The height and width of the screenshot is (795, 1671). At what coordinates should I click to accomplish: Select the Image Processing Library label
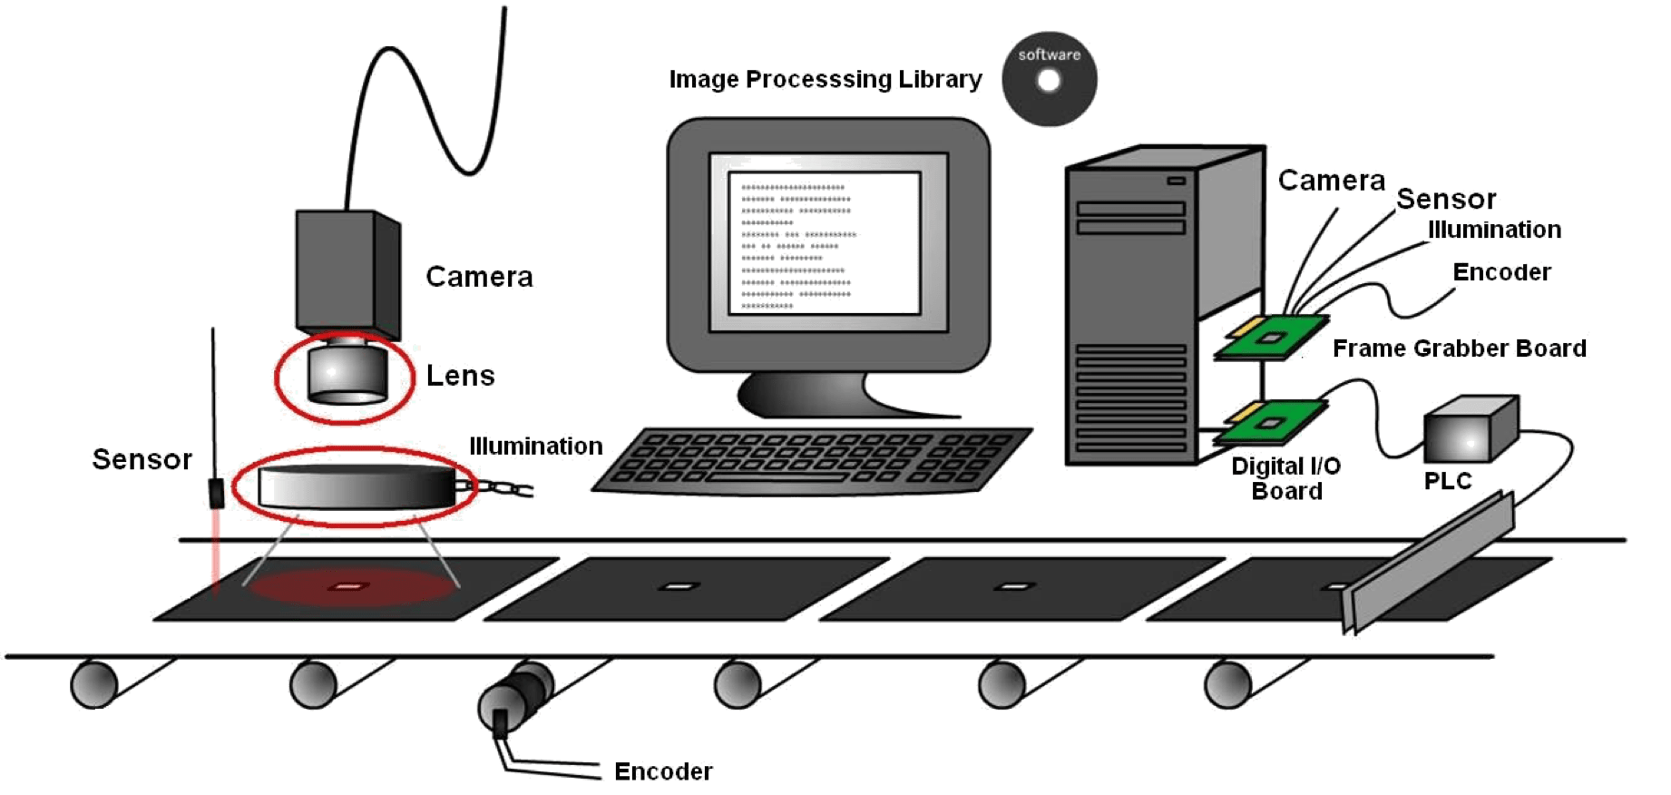[x=826, y=80]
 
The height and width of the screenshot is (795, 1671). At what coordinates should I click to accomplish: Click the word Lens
[x=461, y=375]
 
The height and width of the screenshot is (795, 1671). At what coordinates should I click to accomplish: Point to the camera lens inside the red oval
[x=346, y=373]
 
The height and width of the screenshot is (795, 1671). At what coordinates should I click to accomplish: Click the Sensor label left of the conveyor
[x=142, y=459]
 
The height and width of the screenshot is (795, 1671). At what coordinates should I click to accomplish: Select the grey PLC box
[x=1470, y=430]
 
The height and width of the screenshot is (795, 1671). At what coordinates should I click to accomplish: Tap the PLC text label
[x=1447, y=480]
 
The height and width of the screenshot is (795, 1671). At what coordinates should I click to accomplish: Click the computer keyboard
[x=812, y=459]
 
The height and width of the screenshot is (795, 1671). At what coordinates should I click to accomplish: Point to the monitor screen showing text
[x=824, y=243]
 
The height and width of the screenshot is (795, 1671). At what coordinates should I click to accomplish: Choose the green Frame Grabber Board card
[x=1272, y=337]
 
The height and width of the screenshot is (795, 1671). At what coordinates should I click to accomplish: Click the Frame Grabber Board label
[x=1459, y=348]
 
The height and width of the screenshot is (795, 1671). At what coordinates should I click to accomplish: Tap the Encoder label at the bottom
[x=662, y=772]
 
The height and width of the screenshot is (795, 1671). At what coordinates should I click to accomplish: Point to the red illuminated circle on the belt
[x=350, y=586]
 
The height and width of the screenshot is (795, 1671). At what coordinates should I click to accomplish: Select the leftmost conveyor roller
[x=95, y=684]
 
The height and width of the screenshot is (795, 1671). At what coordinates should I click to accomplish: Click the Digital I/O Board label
[x=1285, y=478]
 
